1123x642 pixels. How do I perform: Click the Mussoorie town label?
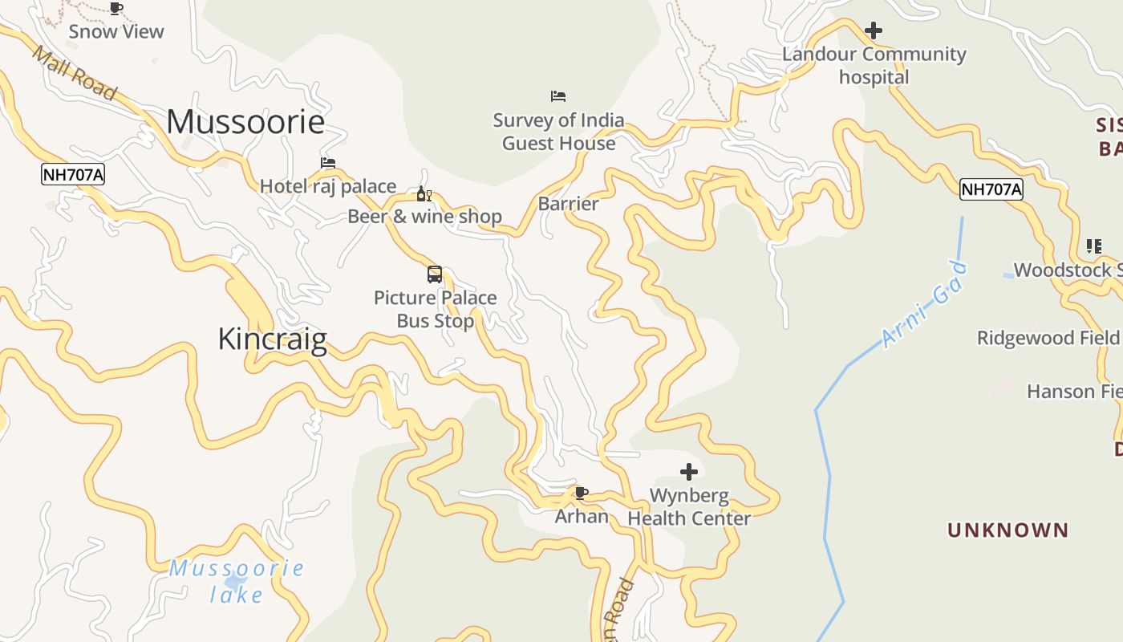[x=245, y=122]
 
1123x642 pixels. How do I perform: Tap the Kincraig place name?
[x=272, y=339]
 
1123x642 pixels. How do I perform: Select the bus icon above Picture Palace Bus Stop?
[x=435, y=274]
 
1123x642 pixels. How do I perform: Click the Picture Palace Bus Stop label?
[x=436, y=309]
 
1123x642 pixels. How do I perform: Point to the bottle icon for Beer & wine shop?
[x=424, y=194]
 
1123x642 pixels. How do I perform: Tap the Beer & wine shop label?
[x=424, y=217]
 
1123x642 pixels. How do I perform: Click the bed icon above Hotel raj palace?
[x=328, y=163]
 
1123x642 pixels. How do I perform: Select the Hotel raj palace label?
[x=328, y=186]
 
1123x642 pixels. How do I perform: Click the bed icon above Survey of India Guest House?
[x=558, y=96]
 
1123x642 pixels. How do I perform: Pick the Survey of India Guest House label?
[x=558, y=132]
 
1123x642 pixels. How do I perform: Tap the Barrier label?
[x=568, y=204]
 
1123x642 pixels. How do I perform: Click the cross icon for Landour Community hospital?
[x=874, y=30]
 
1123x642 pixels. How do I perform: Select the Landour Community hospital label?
[x=874, y=66]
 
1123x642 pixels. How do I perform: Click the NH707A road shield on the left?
[x=73, y=174]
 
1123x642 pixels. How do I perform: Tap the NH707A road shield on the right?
[x=991, y=189]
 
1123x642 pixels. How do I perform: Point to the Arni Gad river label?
[x=925, y=305]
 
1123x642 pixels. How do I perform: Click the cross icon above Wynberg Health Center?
[x=689, y=472]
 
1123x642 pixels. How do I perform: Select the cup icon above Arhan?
[x=582, y=493]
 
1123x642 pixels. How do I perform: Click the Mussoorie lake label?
[x=237, y=581]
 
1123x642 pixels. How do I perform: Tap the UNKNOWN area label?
[x=1008, y=530]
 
